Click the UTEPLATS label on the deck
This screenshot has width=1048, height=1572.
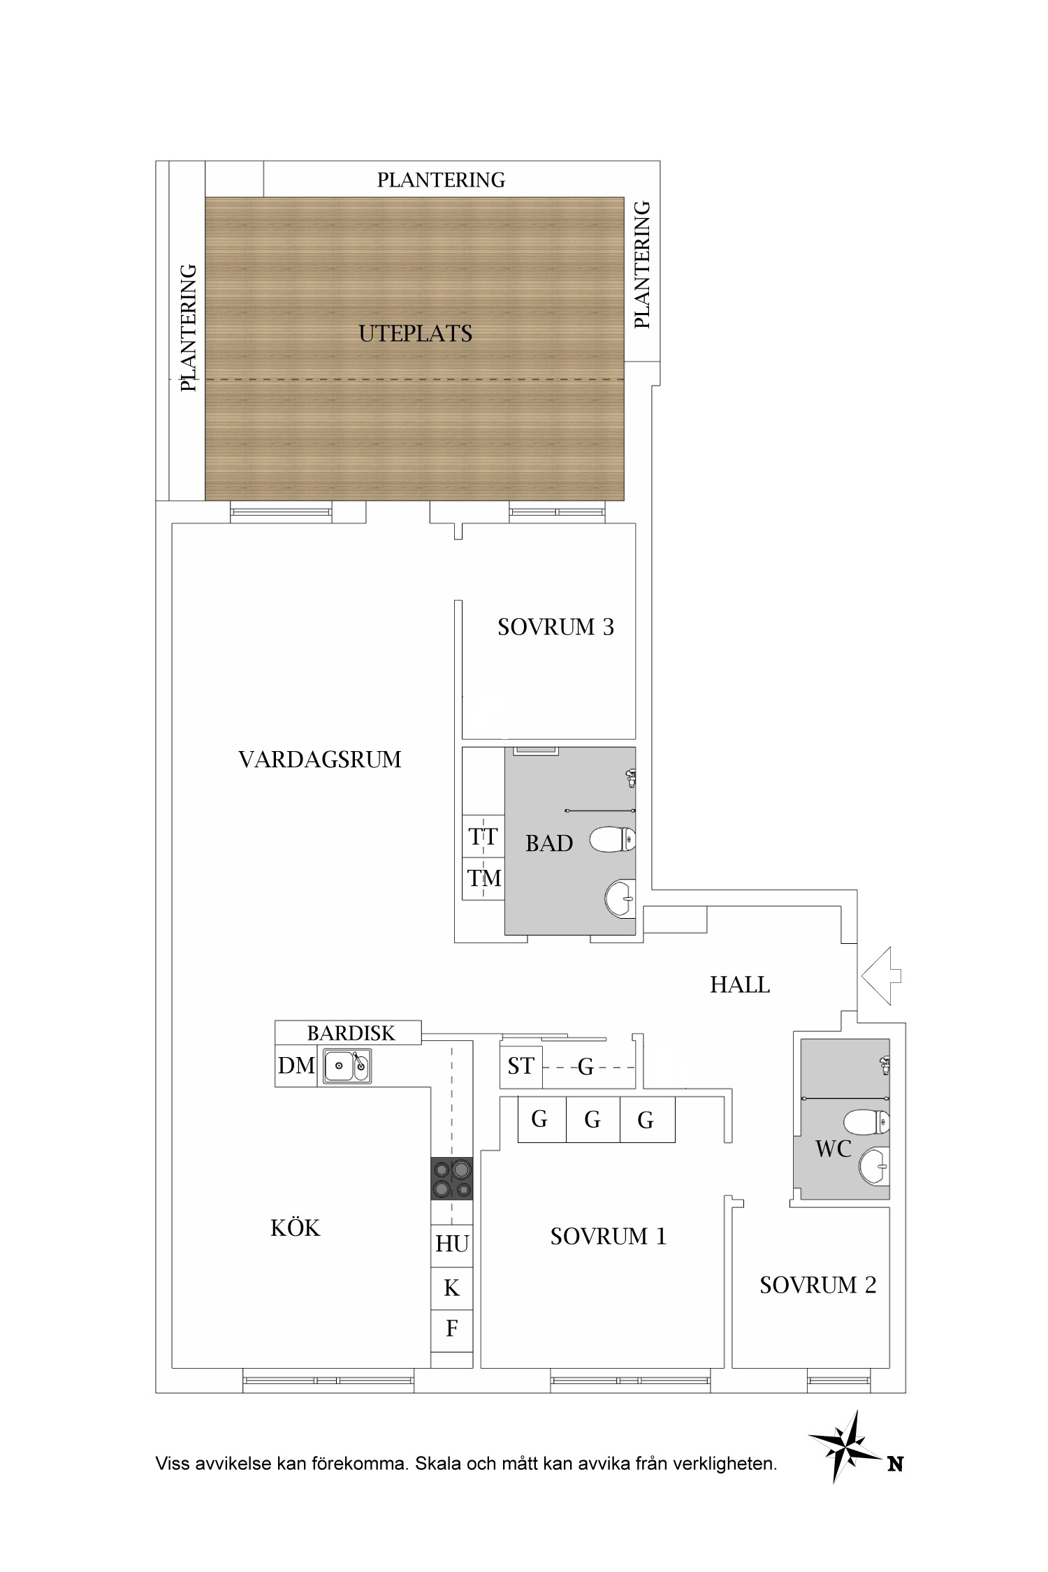pos(416,334)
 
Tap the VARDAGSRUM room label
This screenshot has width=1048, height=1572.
pos(320,759)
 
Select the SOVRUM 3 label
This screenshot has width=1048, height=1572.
pos(555,627)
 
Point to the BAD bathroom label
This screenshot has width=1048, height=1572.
pos(549,843)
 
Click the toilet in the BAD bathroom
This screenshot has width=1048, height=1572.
pos(613,839)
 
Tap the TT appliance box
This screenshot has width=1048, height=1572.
pos(483,836)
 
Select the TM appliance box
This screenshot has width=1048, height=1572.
pos(483,878)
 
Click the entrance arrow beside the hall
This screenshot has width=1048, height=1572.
pos(882,975)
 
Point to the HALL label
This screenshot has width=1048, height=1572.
pos(740,985)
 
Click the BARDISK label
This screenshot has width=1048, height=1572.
pos(351,1033)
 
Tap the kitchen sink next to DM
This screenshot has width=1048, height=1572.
pos(347,1066)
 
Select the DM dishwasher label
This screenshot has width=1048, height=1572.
pos(296,1065)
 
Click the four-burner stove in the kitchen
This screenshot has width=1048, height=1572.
pos(452,1179)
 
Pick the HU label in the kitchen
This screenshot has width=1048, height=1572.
pos(452,1244)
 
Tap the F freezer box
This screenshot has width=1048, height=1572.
pos(452,1328)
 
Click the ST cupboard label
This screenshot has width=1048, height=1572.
pos(521,1066)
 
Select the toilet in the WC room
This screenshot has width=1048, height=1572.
pos(867,1123)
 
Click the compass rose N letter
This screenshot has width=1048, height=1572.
pos(896,1464)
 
